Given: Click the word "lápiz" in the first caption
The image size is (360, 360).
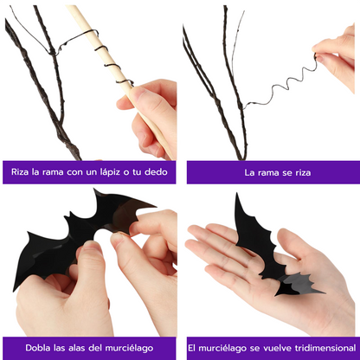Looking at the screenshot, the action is pyautogui.click(x=109, y=172).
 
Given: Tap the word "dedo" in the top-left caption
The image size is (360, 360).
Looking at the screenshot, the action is pyautogui.click(x=156, y=172).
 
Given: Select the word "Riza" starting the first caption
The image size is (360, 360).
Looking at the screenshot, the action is pyautogui.click(x=20, y=172).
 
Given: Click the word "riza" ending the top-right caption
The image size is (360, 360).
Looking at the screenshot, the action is pyautogui.click(x=303, y=172).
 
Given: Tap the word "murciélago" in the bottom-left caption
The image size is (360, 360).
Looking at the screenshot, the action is pyautogui.click(x=129, y=348).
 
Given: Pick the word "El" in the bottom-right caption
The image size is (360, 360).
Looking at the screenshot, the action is pyautogui.click(x=192, y=348).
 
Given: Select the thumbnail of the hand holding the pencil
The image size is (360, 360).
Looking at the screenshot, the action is pyautogui.click(x=135, y=93).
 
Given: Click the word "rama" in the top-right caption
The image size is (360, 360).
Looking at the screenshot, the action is pyautogui.click(x=266, y=172).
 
